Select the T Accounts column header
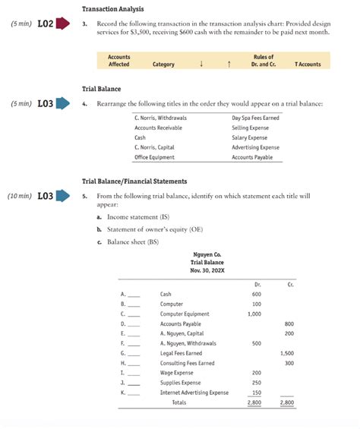point(308,65)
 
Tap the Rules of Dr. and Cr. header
point(263,61)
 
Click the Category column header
point(163,65)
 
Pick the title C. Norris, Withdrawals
point(160,118)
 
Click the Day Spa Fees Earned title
point(255,118)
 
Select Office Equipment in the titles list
point(154,156)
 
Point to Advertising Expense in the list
point(255,147)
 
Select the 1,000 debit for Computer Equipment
point(254,314)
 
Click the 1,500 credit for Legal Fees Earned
point(287,353)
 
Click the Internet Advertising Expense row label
point(194,393)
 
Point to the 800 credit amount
point(289,323)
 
